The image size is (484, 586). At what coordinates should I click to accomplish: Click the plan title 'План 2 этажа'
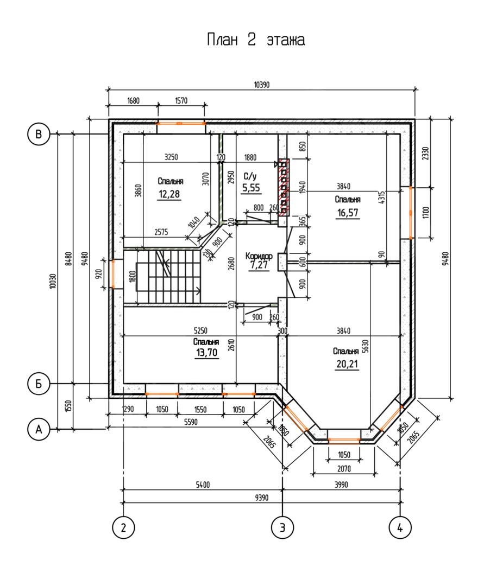pos(256,39)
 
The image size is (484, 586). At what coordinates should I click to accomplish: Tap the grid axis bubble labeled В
pos(39,134)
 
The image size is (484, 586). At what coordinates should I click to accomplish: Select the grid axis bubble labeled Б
pos(39,384)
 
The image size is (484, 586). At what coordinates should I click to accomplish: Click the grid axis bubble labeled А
pos(39,429)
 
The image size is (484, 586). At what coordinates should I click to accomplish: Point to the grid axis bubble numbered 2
pos(123,528)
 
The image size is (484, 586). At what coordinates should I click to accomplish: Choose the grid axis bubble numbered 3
pos(282,528)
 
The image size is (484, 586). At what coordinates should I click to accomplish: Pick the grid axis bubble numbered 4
pos(400,528)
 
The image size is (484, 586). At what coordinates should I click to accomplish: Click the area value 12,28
pos(169,194)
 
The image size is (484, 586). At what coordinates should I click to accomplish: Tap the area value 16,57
pos(348,213)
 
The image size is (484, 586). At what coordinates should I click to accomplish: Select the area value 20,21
pos(347,364)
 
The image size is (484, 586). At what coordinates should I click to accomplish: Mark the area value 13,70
pos(206,353)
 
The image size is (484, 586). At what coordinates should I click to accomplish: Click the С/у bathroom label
pos(250,176)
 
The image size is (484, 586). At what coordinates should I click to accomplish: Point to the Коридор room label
pos(259,256)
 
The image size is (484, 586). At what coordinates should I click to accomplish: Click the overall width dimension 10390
pos(261,85)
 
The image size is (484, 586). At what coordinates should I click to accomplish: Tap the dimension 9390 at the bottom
pos(261,498)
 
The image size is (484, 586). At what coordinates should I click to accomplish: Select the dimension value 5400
pos(203,485)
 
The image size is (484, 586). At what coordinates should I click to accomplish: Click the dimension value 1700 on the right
pos(426,213)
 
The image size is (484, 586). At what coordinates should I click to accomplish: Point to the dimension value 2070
pos(344,468)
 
